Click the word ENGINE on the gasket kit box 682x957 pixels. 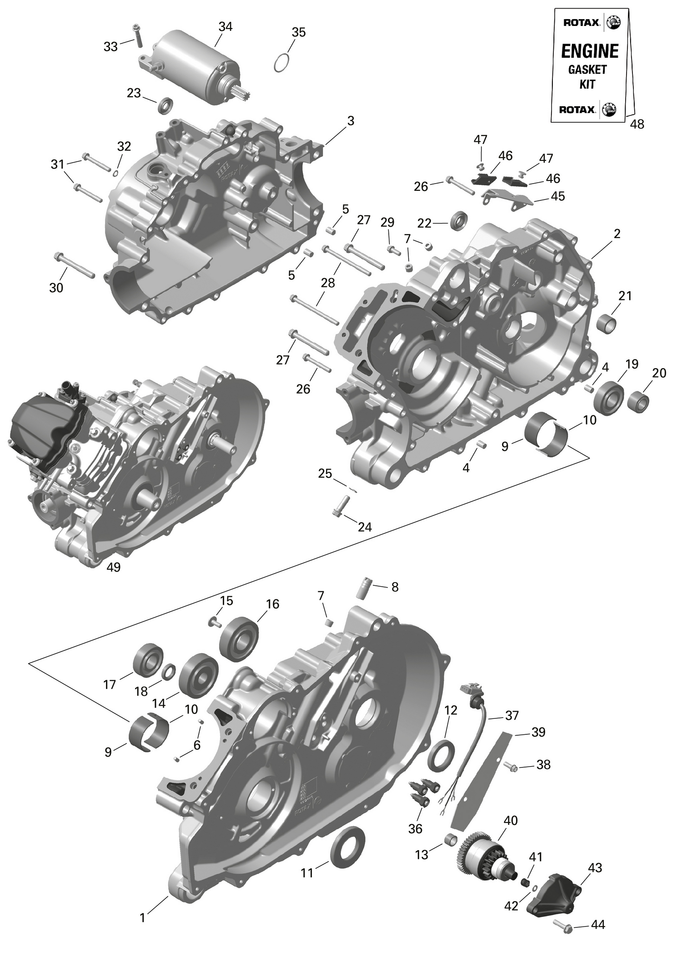click(590, 51)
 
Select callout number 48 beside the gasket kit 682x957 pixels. click(637, 125)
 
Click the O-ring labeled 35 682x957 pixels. click(282, 62)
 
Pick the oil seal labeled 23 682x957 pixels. click(165, 105)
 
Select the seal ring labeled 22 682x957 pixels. click(459, 221)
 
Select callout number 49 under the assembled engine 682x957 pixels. click(113, 567)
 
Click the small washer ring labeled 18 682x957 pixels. click(168, 672)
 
